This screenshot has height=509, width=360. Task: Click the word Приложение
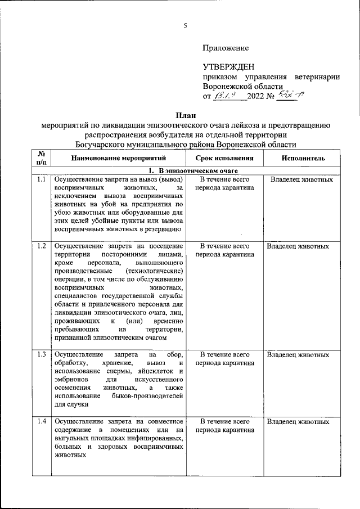pyautogui.click(x=226, y=48)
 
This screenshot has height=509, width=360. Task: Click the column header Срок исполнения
pyautogui.click(x=224, y=159)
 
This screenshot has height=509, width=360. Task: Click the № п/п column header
pyautogui.click(x=41, y=158)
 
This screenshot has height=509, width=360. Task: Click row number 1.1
pyautogui.click(x=41, y=180)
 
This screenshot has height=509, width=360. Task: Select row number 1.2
pyautogui.click(x=41, y=246)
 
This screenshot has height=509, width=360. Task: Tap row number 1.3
pyautogui.click(x=41, y=355)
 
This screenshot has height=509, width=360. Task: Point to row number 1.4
pyautogui.click(x=41, y=422)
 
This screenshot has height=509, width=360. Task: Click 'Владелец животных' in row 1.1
pyautogui.click(x=301, y=180)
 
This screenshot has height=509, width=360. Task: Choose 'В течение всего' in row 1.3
pyautogui.click(x=224, y=355)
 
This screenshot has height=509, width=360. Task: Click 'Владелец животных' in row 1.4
pyautogui.click(x=298, y=422)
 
